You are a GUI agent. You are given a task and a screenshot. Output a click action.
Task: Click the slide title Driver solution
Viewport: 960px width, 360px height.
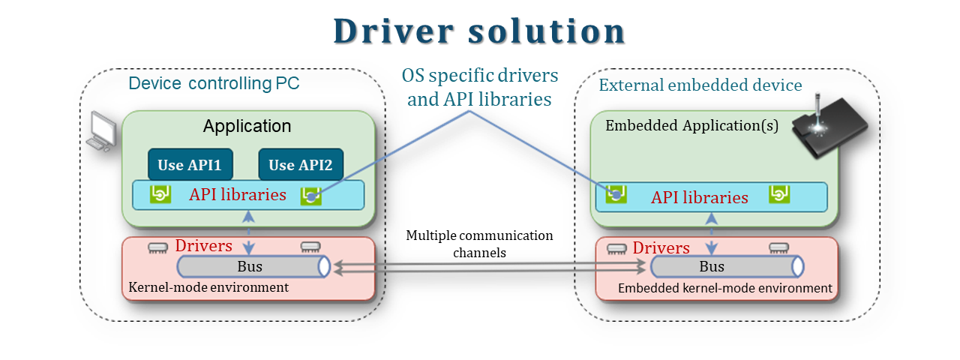(479, 31)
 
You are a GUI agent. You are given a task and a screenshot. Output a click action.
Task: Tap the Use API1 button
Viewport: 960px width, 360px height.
(190, 165)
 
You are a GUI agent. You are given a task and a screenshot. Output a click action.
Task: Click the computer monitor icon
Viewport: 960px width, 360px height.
(100, 133)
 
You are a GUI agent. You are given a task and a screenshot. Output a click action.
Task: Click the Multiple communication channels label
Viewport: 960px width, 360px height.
(479, 244)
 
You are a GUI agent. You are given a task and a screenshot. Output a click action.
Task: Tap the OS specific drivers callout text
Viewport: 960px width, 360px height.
(480, 87)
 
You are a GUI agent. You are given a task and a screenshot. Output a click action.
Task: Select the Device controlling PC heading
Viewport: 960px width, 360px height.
(214, 83)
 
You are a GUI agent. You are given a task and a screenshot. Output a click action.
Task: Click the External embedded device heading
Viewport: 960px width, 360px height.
(700, 85)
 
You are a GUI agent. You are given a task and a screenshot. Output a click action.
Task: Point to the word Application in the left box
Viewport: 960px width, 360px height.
(247, 126)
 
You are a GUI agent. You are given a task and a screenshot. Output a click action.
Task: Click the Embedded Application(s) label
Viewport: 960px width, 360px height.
(691, 125)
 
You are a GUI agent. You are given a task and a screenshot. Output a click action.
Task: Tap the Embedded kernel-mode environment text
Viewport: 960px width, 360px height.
(724, 288)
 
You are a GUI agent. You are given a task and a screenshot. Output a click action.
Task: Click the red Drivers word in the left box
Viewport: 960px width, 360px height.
(203, 246)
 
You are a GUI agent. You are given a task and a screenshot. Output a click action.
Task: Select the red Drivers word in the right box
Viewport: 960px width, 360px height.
(661, 247)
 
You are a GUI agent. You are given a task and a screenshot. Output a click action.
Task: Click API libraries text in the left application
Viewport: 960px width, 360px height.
(238, 195)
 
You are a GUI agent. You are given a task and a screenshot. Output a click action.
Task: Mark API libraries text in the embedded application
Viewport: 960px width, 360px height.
(700, 198)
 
